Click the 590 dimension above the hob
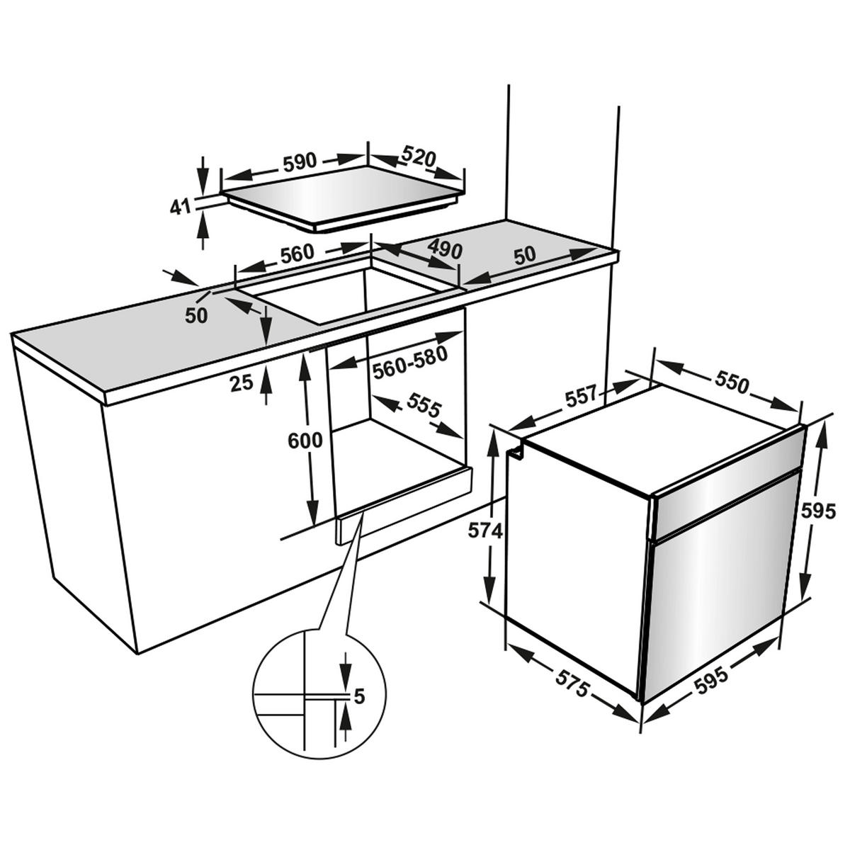coord(299,162)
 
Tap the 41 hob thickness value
coord(181,207)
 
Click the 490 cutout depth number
coord(446,249)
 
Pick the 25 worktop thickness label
coord(242,383)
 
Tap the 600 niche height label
coord(305,441)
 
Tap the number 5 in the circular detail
coord(359,697)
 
